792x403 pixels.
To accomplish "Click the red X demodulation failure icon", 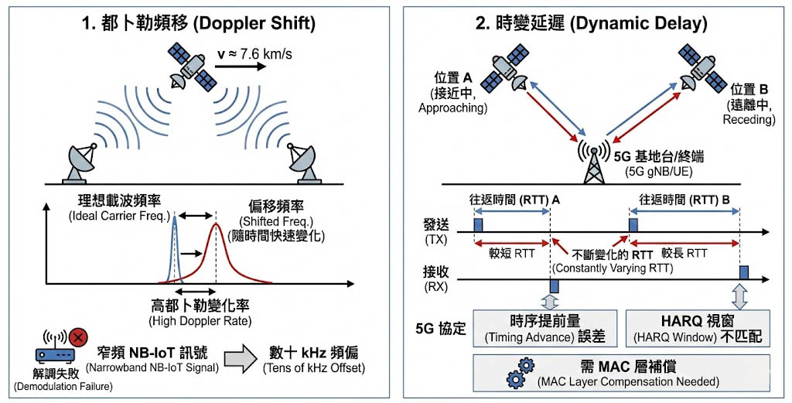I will tap(77, 338).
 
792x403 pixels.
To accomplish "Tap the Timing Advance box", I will tap(545, 328).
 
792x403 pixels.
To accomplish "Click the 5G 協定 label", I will tap(442, 328).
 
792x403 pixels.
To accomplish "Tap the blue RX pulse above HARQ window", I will tap(742, 272).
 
